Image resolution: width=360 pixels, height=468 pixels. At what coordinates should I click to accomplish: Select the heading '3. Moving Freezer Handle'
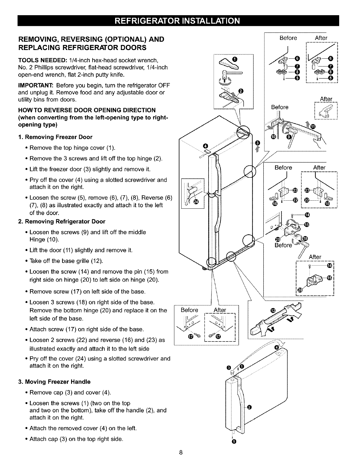coord(57,381)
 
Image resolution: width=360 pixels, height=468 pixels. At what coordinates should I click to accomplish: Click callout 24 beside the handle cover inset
coord(196,203)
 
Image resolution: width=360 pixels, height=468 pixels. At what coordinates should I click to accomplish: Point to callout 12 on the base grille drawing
coord(273,311)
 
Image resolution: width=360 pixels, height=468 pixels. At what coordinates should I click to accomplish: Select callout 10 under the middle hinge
coord(273,137)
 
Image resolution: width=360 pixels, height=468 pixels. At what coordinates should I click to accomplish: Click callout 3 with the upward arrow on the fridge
coord(258,142)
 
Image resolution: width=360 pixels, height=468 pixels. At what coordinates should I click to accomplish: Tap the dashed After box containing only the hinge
coord(325,111)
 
